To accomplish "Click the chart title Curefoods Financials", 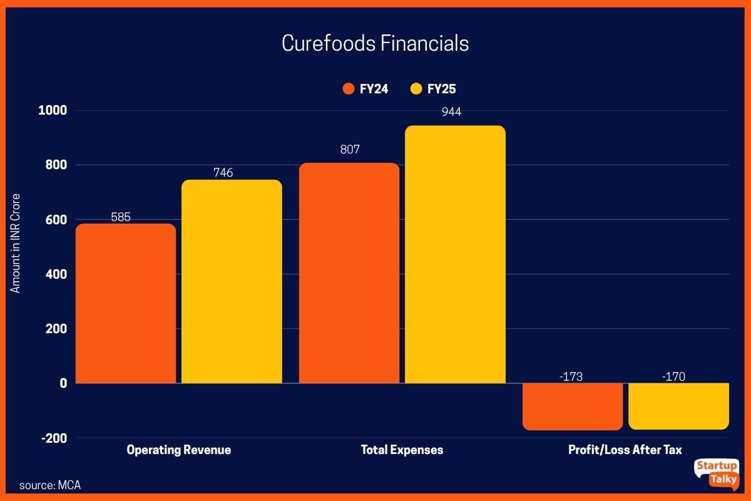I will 375,44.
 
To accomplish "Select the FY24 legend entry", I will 366,89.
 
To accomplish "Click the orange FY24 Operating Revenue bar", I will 126,303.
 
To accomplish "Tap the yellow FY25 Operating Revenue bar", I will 232,281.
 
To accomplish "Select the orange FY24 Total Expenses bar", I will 349,273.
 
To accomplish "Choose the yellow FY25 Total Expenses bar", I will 455,254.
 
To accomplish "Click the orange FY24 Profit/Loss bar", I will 573,406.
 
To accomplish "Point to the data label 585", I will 126,217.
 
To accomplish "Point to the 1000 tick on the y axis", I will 53,111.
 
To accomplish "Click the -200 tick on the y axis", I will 54,438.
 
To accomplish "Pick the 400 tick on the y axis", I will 56,274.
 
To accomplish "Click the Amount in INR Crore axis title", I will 16,244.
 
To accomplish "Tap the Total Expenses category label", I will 402,450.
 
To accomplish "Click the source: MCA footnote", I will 49,485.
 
